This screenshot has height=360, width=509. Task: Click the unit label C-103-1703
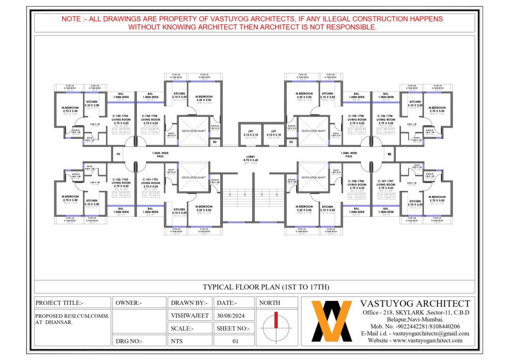click(121, 116)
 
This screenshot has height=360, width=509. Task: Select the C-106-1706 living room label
click(386, 116)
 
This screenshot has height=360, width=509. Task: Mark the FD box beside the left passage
click(118, 154)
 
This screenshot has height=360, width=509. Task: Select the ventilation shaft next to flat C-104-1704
click(194, 131)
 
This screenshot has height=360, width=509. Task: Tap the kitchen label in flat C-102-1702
click(91, 201)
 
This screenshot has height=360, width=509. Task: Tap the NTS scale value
click(177, 341)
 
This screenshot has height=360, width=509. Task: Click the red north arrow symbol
click(275, 323)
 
